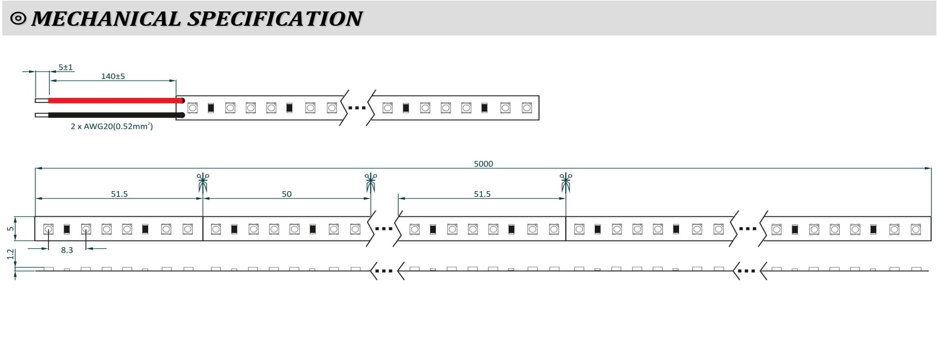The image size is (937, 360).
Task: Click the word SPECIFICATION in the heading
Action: pos(275,19)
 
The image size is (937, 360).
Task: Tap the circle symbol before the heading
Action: pos(18,19)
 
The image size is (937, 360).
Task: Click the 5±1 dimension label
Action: pos(66,67)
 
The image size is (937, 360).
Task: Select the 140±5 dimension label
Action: pos(113,76)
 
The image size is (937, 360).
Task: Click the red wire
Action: pos(114,101)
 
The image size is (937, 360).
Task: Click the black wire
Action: pos(114,115)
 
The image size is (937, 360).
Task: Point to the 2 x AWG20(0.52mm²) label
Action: pos(112,126)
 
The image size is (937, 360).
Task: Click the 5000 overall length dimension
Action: pos(483,164)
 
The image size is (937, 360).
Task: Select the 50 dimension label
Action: pos(287,194)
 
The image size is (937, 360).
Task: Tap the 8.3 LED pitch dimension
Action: pos(67,250)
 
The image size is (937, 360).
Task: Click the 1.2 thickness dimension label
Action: pos(10,254)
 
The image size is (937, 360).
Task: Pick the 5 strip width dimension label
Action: pos(10,229)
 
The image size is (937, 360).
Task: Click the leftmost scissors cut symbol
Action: pos(203,182)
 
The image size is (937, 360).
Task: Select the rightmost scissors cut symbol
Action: pos(566,182)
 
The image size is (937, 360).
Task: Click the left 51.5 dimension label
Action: pos(119,194)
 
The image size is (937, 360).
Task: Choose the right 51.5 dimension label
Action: pos(482,194)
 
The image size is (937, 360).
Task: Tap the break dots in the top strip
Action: pos(357,108)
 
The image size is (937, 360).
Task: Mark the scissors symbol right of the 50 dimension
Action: pos(371,182)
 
